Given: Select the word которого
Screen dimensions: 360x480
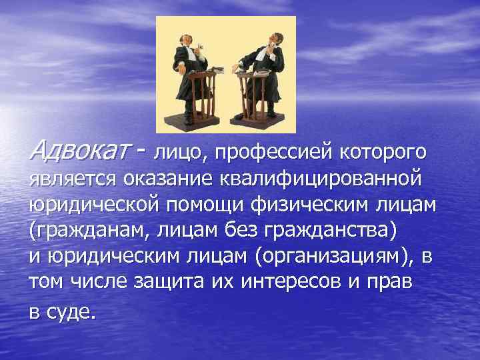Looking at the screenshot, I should click(x=383, y=153).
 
